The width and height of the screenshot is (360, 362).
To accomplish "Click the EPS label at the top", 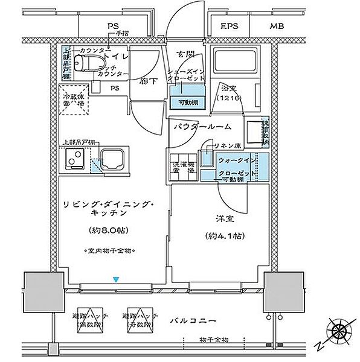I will click(x=229, y=27).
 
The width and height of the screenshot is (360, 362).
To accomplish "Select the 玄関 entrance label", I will click(x=184, y=54).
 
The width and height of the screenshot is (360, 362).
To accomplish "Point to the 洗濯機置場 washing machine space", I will click(x=182, y=167).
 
